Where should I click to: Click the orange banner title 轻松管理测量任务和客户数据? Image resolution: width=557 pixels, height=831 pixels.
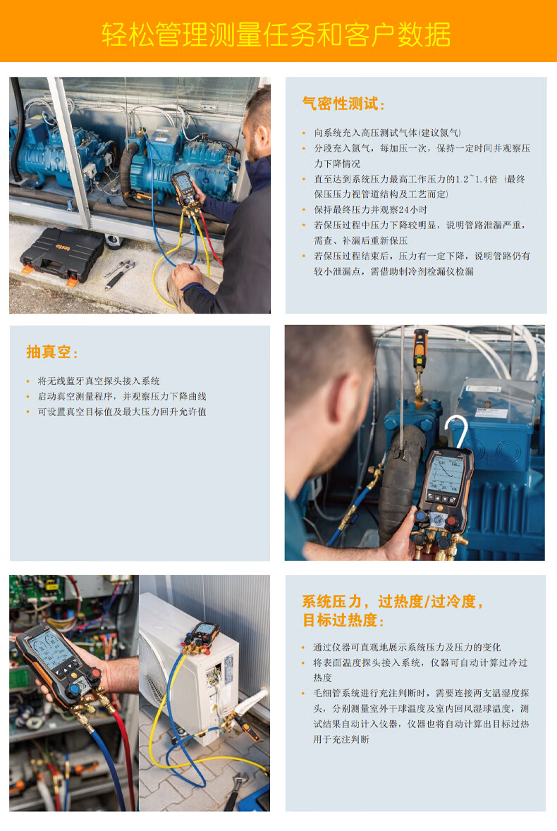[276, 35]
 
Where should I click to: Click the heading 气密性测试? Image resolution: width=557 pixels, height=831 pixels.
[343, 104]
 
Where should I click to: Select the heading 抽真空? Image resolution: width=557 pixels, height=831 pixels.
[52, 352]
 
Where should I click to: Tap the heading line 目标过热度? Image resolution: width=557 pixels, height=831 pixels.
[343, 620]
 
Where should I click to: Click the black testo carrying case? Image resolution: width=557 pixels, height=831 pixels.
[62, 254]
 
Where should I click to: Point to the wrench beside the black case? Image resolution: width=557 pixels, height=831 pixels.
[118, 273]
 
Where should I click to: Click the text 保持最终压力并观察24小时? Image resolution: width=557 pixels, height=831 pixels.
[370, 210]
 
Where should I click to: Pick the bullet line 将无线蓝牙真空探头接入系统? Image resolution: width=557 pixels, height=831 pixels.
[99, 381]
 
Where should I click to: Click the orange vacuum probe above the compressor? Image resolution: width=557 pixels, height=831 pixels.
[420, 350]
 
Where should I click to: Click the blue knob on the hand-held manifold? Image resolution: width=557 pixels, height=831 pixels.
[74, 689]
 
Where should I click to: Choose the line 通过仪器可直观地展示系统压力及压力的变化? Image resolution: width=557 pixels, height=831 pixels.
[407, 648]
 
